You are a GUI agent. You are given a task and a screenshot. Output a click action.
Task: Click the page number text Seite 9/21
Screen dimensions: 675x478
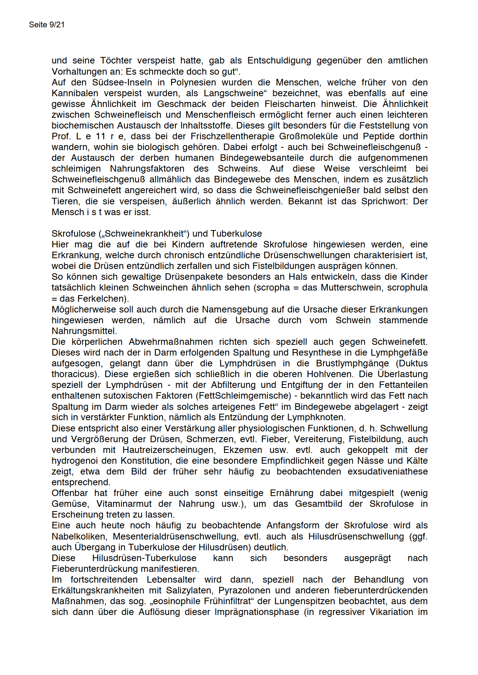[47, 25]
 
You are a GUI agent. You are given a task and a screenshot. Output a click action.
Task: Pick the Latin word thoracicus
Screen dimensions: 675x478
[73, 374]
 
